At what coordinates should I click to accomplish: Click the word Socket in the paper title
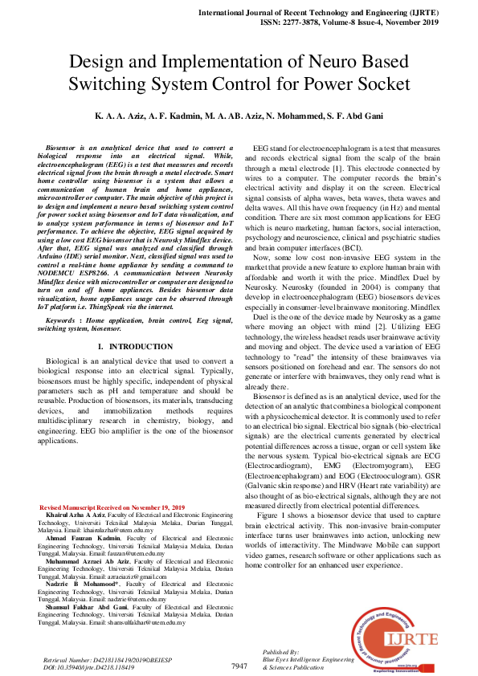pos(380,83)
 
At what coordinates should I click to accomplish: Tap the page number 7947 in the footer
pos(239,666)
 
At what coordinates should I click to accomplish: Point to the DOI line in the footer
pos(88,666)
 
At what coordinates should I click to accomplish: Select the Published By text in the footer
pos(281,653)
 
